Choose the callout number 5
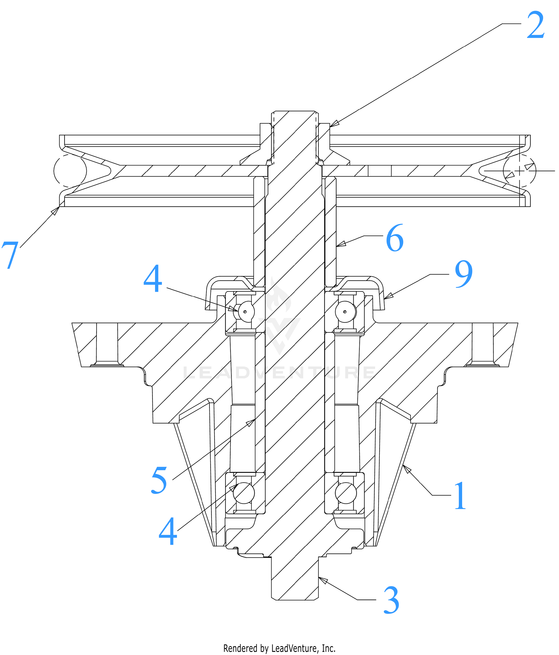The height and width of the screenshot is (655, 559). coord(159,480)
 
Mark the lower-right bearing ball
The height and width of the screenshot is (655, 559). coord(346,493)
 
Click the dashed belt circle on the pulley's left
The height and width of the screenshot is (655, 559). coord(70,171)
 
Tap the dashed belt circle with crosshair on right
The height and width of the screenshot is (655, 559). coord(519,171)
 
